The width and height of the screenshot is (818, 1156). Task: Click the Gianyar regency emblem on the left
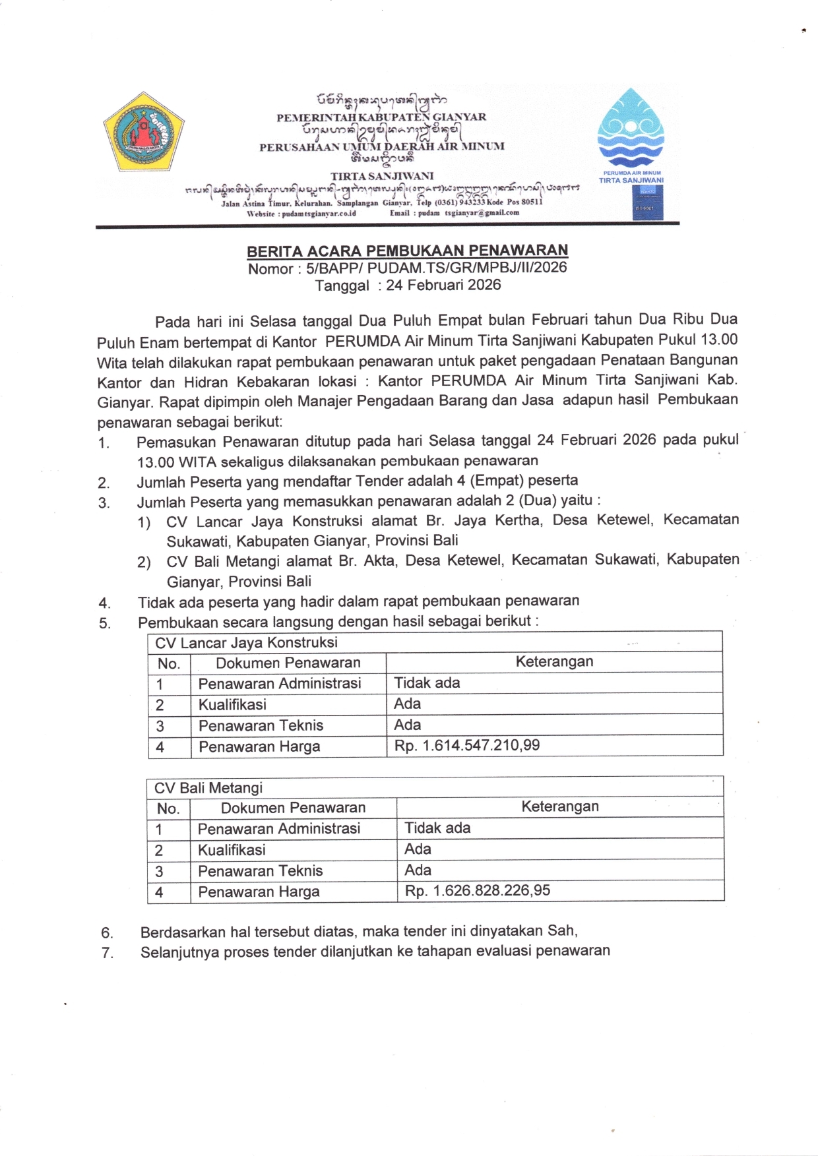(x=142, y=133)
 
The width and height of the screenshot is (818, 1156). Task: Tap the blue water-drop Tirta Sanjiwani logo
(x=631, y=128)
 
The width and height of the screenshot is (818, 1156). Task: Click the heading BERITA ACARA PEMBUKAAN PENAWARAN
(x=407, y=251)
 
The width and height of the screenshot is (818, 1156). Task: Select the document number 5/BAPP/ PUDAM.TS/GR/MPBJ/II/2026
(x=436, y=268)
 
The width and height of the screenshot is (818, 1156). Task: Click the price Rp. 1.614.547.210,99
(x=467, y=746)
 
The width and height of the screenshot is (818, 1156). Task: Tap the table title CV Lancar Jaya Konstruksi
(x=246, y=643)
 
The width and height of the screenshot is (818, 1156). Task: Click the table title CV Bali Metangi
(x=208, y=788)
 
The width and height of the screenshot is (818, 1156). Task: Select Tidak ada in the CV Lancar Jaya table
(x=427, y=683)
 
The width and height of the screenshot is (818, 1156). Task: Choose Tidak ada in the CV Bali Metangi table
(x=437, y=828)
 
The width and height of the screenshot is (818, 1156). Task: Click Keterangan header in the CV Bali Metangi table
(x=560, y=806)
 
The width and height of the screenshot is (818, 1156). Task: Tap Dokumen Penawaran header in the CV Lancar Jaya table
(x=288, y=663)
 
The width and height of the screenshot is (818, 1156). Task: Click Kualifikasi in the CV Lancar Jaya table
(x=232, y=704)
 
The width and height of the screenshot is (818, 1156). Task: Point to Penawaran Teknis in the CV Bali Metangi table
(x=261, y=870)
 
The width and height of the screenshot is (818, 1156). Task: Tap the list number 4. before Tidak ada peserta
(x=104, y=603)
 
